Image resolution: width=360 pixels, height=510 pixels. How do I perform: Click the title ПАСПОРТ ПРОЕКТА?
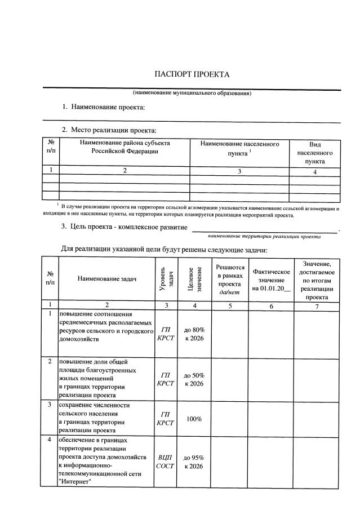pos(192,75)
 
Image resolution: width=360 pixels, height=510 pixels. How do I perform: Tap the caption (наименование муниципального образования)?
pos(192,93)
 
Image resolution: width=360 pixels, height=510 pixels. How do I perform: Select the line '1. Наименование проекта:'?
pos(104,107)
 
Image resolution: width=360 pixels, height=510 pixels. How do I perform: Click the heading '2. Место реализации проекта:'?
pos(108,131)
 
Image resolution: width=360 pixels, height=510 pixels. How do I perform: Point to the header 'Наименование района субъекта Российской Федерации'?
pos(125,148)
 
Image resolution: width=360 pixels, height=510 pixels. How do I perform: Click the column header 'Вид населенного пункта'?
pos(315,153)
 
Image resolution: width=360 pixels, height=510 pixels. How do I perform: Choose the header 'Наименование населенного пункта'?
pos(239,149)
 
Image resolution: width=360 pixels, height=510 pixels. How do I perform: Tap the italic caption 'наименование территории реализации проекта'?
pos(264,237)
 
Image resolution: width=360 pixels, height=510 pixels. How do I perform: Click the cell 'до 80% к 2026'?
pos(194,334)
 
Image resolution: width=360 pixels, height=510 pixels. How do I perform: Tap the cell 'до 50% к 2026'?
pos(194,379)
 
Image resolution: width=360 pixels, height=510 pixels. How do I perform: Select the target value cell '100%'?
pos(194,419)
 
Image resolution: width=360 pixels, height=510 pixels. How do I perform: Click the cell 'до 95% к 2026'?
pos(194,462)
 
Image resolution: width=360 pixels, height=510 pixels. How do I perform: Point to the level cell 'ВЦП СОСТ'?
pos(165,462)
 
